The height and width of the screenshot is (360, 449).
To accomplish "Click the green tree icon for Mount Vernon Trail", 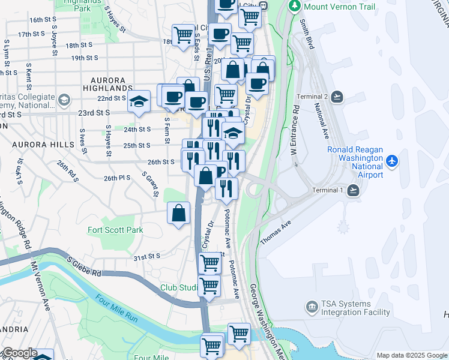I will [295, 7].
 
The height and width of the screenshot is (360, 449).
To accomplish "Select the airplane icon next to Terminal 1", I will [354, 190].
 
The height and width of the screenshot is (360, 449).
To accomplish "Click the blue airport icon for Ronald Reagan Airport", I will [392, 161].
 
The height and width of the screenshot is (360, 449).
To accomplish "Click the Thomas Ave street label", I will [276, 232].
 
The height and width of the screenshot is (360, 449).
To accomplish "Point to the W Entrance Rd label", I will [295, 132].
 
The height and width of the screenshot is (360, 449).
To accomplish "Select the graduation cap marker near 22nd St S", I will [139, 100].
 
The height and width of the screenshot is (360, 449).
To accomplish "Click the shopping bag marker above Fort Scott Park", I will [179, 213].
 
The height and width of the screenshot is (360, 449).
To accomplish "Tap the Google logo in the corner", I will [19, 353].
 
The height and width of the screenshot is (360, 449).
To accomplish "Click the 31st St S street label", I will [147, 257].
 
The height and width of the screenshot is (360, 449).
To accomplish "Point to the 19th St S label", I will [85, 58].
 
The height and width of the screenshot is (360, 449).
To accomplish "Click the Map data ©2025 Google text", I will [412, 355].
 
